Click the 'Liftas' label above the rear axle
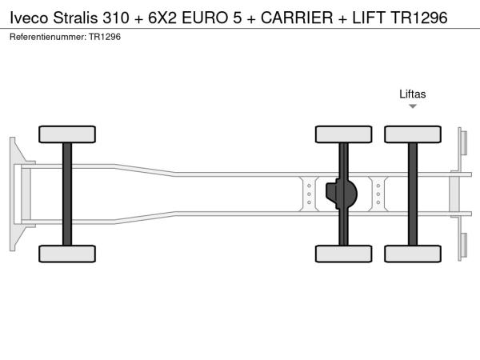click(x=412, y=94)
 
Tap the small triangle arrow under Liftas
click(x=413, y=106)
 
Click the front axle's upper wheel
click(x=67, y=134)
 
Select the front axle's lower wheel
click(x=67, y=254)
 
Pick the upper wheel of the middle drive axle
click(x=343, y=134)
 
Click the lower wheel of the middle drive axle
click(x=343, y=254)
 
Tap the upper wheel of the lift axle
click(x=413, y=134)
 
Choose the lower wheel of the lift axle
click(x=413, y=254)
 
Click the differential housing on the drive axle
click(x=342, y=194)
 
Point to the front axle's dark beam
click(x=67, y=194)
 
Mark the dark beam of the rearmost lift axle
click(x=413, y=194)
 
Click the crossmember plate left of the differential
click(x=309, y=194)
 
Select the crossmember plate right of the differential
click(x=378, y=194)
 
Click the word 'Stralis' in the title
click(x=76, y=18)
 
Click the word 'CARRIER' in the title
click(x=297, y=18)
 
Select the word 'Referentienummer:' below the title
click(x=48, y=37)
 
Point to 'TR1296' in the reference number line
click(x=105, y=37)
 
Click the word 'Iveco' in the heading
click(x=29, y=18)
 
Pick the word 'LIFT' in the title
click(x=369, y=18)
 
